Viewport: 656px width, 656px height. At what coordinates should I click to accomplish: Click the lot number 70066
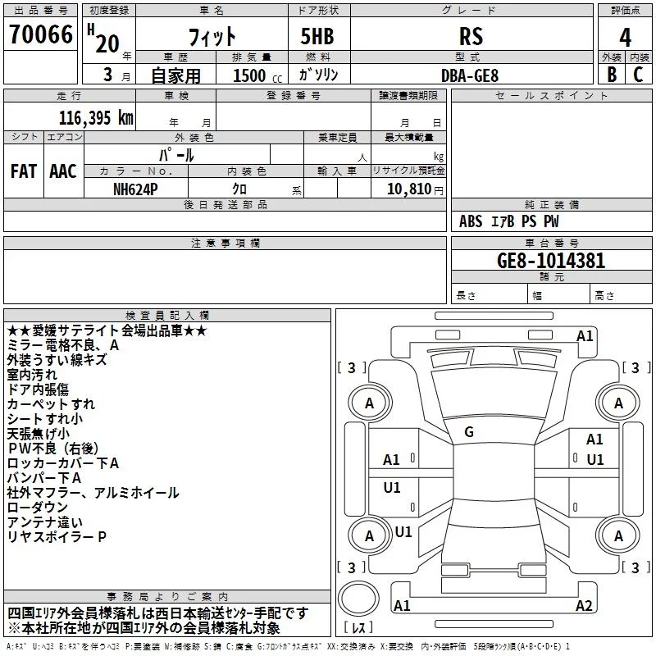coord(40,36)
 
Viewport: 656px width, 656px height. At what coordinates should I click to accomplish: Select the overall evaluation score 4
coord(626,37)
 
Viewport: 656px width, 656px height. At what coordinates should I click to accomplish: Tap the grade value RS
coord(471,37)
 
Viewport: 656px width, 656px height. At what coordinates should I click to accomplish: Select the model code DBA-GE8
coord(468,75)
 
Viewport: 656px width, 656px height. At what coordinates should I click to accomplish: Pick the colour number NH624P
coord(136,189)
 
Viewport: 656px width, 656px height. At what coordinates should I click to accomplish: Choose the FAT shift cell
coord(24,171)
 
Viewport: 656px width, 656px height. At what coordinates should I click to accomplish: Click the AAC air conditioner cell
coord(63,171)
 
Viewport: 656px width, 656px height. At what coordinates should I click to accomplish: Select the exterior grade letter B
coord(611,75)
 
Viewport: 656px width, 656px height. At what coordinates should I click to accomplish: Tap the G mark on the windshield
coord(469,432)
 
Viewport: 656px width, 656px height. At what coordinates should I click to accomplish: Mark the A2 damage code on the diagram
coord(607,606)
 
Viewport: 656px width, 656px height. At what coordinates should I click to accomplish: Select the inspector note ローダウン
coord(38,508)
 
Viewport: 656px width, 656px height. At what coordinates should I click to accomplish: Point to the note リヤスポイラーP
coord(57,536)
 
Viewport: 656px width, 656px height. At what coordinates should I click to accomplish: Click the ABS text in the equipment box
coord(471,221)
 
